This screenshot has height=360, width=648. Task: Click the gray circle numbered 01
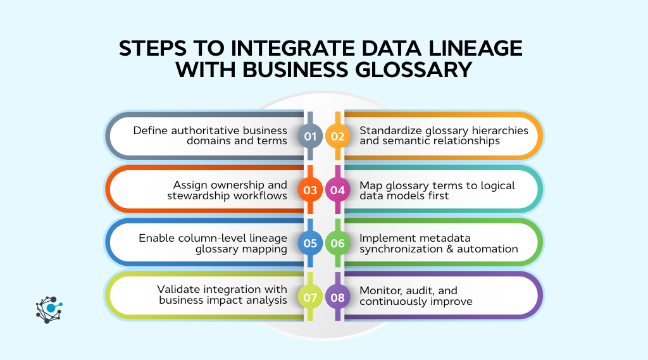coord(310,135)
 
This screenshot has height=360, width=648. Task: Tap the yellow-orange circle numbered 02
coord(337,135)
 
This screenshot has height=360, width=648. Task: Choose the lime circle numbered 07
coord(310,295)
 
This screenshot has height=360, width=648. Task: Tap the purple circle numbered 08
coord(337,295)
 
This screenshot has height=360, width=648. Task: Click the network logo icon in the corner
coord(49,309)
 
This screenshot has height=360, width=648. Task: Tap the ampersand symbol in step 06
coord(455,249)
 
